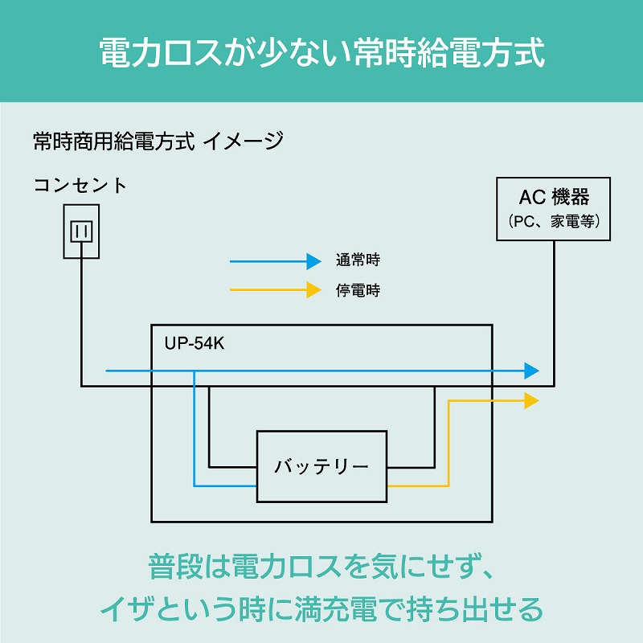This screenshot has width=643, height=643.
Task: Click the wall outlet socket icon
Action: click(x=81, y=230)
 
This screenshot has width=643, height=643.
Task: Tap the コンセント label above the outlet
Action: click(x=80, y=186)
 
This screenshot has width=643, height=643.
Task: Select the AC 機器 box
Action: click(x=554, y=209)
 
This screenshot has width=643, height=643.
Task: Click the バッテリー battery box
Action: click(x=321, y=466)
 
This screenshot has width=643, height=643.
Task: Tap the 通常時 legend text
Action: click(x=358, y=261)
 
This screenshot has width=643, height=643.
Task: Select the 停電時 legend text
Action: click(x=358, y=290)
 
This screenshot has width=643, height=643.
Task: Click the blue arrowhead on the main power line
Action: click(x=531, y=371)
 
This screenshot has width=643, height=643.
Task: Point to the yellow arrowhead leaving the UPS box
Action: click(x=531, y=399)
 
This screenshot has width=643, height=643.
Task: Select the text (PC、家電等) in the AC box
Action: click(x=554, y=221)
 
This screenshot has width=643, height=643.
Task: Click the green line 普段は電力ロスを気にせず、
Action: click(x=321, y=567)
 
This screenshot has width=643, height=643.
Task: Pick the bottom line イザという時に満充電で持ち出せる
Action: click(x=321, y=608)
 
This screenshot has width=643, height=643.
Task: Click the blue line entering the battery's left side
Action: click(x=225, y=486)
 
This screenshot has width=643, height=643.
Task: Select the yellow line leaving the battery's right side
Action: click(x=418, y=486)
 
